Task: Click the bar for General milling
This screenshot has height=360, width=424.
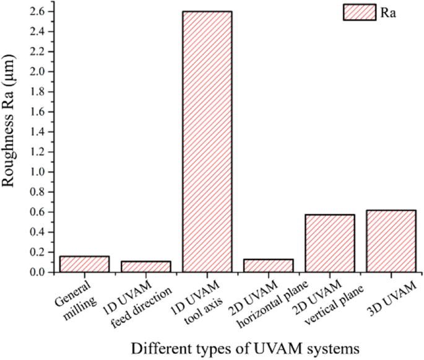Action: (x=84, y=265)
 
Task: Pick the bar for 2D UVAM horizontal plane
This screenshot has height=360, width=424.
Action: (x=268, y=266)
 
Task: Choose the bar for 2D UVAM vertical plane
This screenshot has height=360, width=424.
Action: (x=329, y=244)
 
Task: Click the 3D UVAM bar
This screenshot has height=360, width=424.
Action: (x=391, y=241)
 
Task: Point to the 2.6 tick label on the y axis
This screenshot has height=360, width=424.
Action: (x=38, y=11)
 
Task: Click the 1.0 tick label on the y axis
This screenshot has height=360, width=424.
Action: (x=38, y=172)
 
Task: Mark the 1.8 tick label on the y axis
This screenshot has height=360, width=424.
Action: (x=38, y=92)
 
